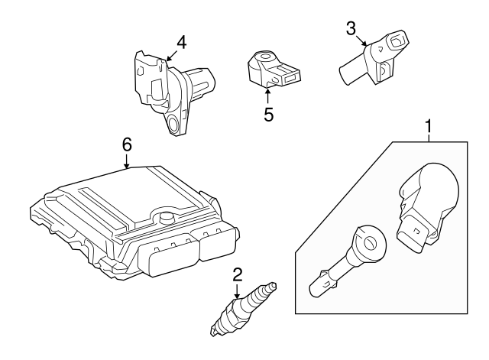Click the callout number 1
click(x=429, y=126)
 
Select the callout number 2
click(x=238, y=274)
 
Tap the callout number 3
click(x=351, y=28)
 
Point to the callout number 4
click(x=181, y=43)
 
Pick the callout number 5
click(x=268, y=115)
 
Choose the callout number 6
click(x=127, y=144)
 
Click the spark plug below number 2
click(x=243, y=309)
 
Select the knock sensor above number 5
click(x=274, y=70)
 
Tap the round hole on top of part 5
click(x=265, y=57)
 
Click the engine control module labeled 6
click(x=134, y=222)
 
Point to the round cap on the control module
click(x=166, y=217)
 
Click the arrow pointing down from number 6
click(x=127, y=161)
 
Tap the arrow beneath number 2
click(x=238, y=290)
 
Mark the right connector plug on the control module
click(x=217, y=245)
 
